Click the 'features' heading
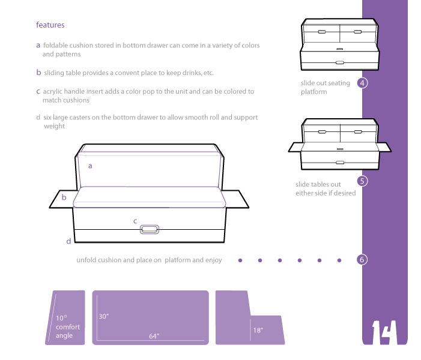pyautogui.click(x=50, y=25)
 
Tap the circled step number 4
pyautogui.click(x=362, y=83)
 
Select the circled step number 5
pyautogui.click(x=362, y=181)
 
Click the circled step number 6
pyautogui.click(x=362, y=260)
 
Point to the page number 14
pyautogui.click(x=384, y=332)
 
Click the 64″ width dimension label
pyautogui.click(x=154, y=336)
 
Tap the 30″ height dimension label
pyautogui.click(x=104, y=316)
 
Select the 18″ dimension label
pyautogui.click(x=258, y=330)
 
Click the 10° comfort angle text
pyautogui.click(x=68, y=327)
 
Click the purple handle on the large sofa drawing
pyautogui.click(x=150, y=229)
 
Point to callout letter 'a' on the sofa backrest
pyautogui.click(x=90, y=166)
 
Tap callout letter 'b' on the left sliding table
pyautogui.click(x=64, y=197)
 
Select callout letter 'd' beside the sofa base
pyautogui.click(x=68, y=241)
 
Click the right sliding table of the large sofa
pyautogui.click(x=235, y=199)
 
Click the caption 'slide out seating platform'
pyautogui.click(x=326, y=88)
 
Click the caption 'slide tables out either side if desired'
pyautogui.click(x=326, y=189)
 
